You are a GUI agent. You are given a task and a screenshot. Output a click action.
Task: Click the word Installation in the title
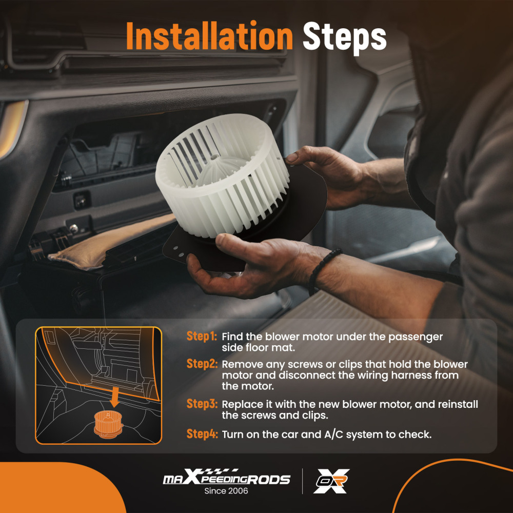pyautogui.click(x=209, y=36)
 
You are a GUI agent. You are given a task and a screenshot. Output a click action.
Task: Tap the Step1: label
pyautogui.click(x=202, y=336)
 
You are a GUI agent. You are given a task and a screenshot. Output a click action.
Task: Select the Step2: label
pyautogui.click(x=202, y=364)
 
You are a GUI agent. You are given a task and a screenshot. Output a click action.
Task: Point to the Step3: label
pyautogui.click(x=202, y=404)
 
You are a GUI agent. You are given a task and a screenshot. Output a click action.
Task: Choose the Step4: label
pyautogui.click(x=202, y=434)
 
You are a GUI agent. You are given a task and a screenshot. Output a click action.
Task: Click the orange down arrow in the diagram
pyautogui.click(x=114, y=397)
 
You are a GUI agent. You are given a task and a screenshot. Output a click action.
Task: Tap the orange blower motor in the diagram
pyautogui.click(x=108, y=424)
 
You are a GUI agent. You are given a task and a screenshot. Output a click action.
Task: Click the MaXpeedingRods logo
pyautogui.click(x=226, y=477)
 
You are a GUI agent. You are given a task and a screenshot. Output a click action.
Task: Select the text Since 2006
pyautogui.click(x=226, y=491)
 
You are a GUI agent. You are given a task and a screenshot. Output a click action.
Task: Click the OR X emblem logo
pyautogui.click(x=331, y=481)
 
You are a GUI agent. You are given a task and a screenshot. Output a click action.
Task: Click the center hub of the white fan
pyautogui.click(x=214, y=157)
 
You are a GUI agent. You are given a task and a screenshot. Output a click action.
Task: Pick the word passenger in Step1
pyautogui.click(x=415, y=338)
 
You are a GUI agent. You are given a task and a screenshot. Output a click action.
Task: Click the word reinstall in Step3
pyautogui.click(x=458, y=404)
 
